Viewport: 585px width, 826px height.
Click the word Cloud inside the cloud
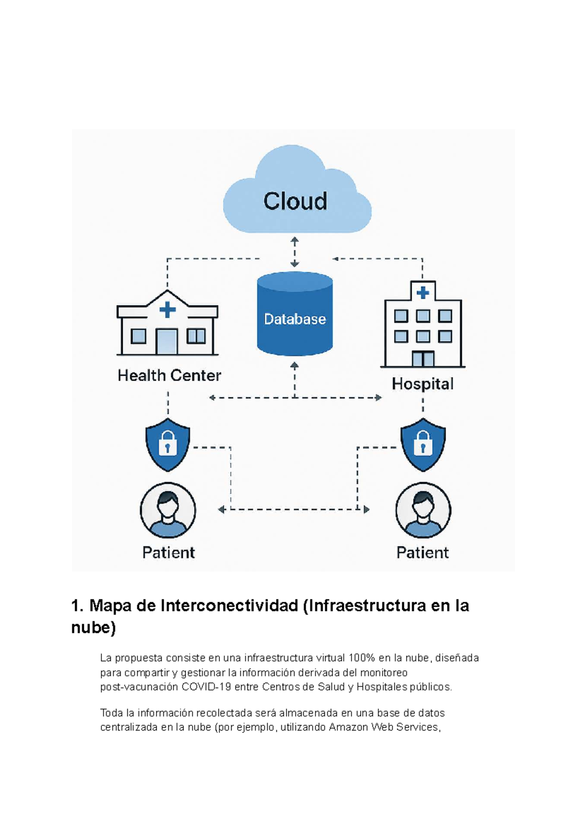click(x=295, y=201)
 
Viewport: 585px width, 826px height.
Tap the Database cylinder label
click(x=295, y=319)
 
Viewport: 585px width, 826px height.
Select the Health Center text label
click(x=169, y=375)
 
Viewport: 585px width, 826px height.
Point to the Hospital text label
click(x=423, y=384)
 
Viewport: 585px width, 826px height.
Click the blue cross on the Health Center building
click(x=167, y=310)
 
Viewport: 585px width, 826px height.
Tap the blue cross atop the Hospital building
click(x=423, y=293)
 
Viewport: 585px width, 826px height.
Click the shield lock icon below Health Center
click(x=168, y=444)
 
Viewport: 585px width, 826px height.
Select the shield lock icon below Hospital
click(x=423, y=444)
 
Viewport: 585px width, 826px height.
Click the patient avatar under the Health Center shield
click(x=168, y=510)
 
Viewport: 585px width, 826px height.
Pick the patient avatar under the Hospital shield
click(x=423, y=510)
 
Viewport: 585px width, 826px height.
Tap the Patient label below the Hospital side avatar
click(x=423, y=552)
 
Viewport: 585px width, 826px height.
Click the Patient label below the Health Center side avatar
click(x=169, y=552)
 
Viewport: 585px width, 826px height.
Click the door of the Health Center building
click(x=167, y=342)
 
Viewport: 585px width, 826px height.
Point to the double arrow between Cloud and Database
click(x=294, y=252)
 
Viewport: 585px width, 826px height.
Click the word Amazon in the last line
click(x=348, y=727)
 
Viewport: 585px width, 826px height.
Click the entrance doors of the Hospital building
click(x=423, y=359)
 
